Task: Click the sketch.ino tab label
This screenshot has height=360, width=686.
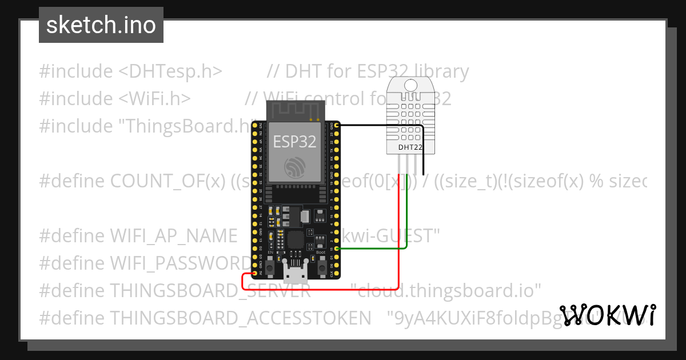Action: pyautogui.click(x=101, y=25)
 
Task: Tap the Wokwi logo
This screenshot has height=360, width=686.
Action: pyautogui.click(x=607, y=315)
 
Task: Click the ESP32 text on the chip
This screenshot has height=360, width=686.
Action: pyautogui.click(x=294, y=141)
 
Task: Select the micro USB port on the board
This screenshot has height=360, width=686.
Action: pyautogui.click(x=296, y=274)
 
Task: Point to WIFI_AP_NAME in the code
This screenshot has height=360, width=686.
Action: pyautogui.click(x=173, y=235)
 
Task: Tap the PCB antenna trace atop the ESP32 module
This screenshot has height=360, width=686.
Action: pyautogui.click(x=295, y=110)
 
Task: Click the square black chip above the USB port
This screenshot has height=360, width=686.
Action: pyautogui.click(x=296, y=239)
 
